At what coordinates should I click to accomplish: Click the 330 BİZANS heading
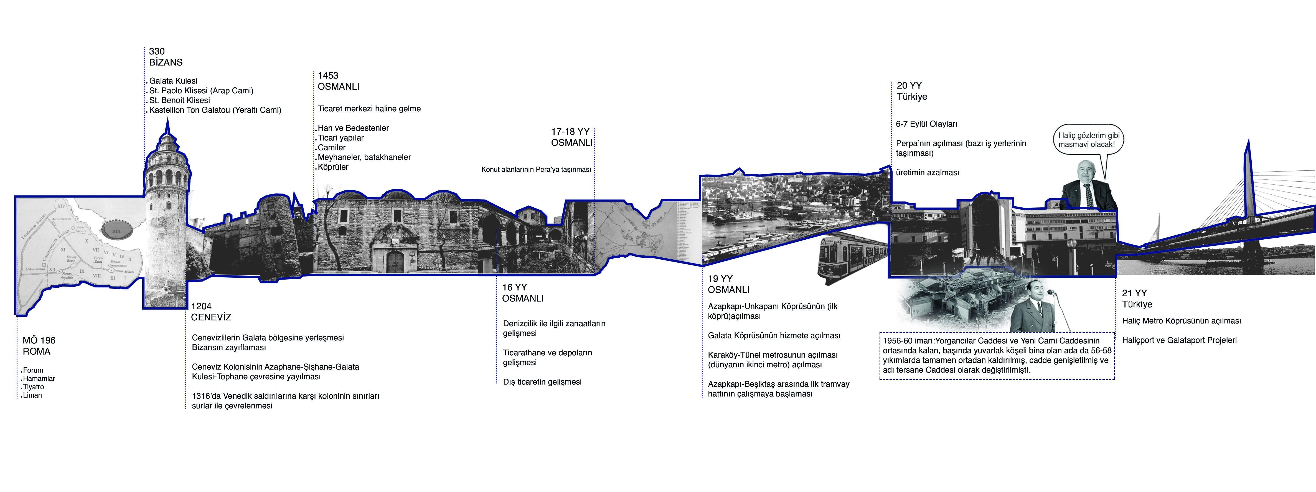pyautogui.click(x=166, y=57)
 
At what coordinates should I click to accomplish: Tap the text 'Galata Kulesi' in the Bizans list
pyautogui.click(x=173, y=81)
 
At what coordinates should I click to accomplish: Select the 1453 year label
pyautogui.click(x=328, y=76)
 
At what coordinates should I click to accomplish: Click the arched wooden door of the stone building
pyautogui.click(x=395, y=262)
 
